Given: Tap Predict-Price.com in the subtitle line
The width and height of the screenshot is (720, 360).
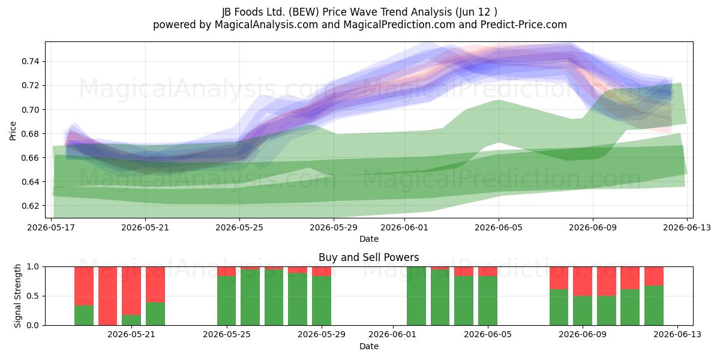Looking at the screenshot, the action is (524, 25).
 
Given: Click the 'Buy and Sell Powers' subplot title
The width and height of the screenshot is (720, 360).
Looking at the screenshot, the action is (368, 257).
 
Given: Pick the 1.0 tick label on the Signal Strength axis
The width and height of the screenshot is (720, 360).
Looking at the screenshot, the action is (33, 266).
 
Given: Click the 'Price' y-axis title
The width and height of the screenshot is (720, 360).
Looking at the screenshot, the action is (13, 131).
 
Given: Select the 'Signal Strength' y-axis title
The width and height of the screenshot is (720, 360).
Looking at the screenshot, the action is (17, 296).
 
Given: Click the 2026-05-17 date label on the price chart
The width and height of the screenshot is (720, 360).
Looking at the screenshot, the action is (51, 227).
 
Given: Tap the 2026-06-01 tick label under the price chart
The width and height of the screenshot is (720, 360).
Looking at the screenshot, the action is (404, 227).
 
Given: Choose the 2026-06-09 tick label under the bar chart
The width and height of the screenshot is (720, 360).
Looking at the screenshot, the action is (583, 334).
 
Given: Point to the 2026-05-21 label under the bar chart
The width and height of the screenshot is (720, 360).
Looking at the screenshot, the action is (131, 334).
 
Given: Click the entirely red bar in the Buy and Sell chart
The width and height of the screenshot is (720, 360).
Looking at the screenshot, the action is (107, 296).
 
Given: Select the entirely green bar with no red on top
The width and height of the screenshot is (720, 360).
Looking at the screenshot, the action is (416, 296).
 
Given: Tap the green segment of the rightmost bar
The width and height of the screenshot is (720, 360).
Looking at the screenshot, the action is (654, 305).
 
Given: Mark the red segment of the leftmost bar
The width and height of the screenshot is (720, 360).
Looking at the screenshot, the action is (84, 286).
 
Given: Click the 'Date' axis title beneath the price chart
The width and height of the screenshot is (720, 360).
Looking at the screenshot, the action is (368, 239).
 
